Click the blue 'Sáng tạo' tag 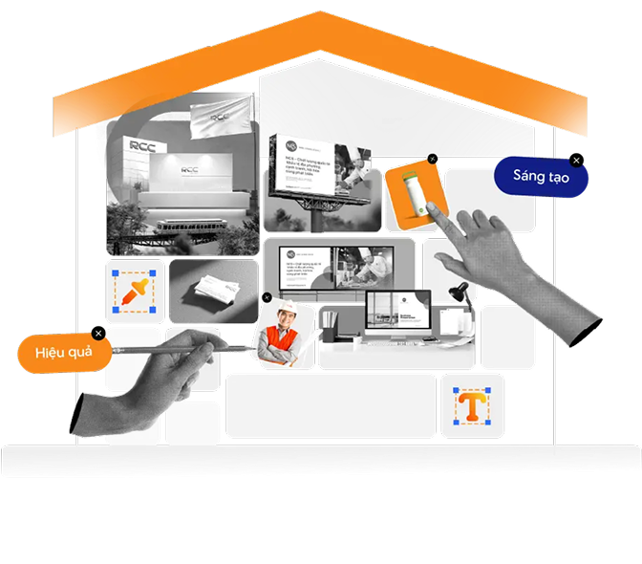click(540, 177)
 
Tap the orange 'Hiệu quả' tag click(63, 353)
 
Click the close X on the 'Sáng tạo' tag click(576, 161)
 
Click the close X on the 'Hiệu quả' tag click(99, 335)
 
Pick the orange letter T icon click(471, 406)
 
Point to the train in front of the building click(188, 227)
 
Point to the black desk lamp click(461, 291)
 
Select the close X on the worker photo click(266, 297)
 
